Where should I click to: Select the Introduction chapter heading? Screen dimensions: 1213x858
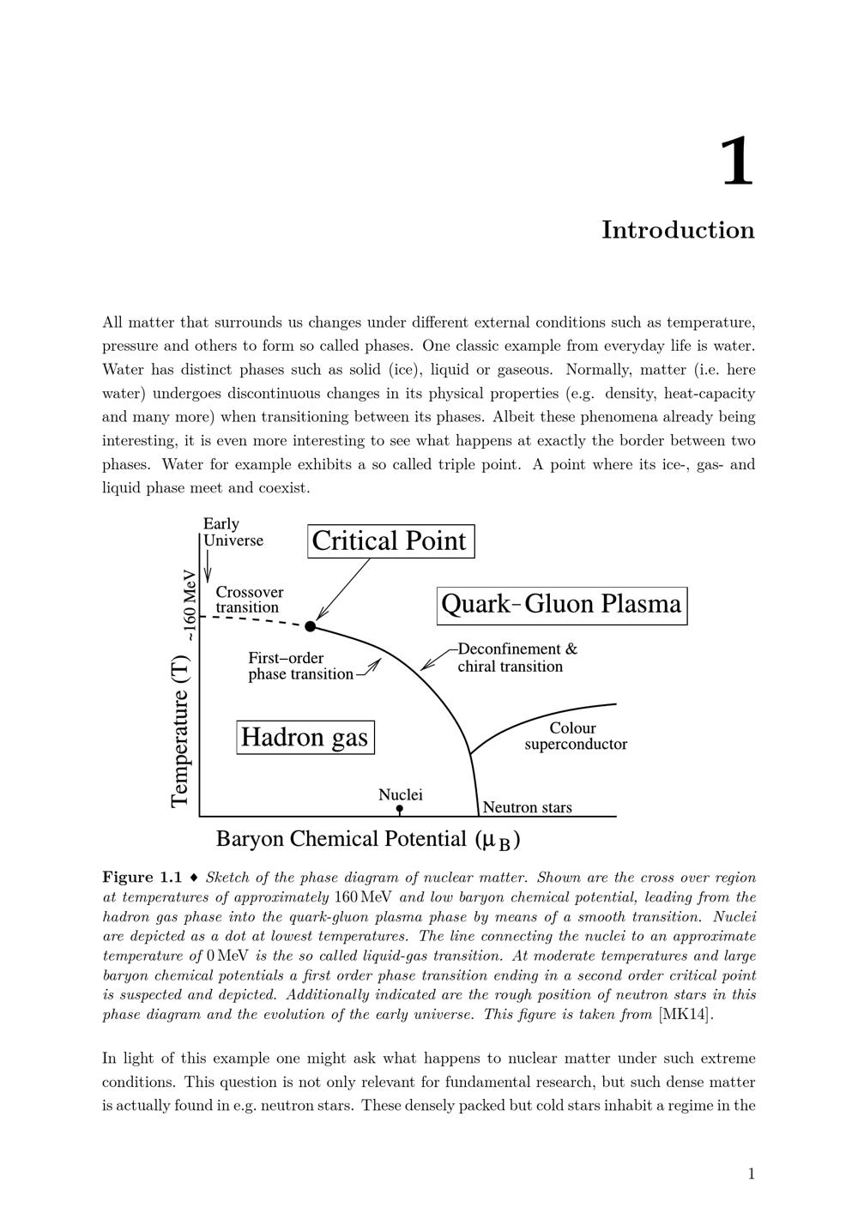[x=678, y=230]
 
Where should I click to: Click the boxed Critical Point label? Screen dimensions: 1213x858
[x=390, y=541]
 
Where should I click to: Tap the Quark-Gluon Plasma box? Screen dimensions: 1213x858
[x=561, y=605]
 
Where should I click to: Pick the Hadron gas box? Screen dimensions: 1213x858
[x=305, y=737]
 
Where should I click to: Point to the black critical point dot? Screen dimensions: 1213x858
[x=311, y=626]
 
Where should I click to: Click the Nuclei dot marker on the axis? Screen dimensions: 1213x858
[x=400, y=809]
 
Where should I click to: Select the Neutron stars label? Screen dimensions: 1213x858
[x=527, y=807]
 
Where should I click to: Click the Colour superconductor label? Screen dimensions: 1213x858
[x=575, y=736]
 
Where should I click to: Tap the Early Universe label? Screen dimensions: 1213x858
[x=232, y=532]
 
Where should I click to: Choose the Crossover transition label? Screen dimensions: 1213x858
[x=249, y=600]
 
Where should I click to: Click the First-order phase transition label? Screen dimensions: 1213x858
[x=300, y=666]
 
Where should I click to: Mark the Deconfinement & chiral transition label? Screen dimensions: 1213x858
[x=517, y=658]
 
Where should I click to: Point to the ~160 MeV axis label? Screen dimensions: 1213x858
[x=190, y=604]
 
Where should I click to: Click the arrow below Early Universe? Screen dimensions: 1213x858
[x=208, y=565]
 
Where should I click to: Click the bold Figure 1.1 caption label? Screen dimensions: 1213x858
[x=142, y=878]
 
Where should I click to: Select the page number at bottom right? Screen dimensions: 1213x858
[x=752, y=1174]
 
